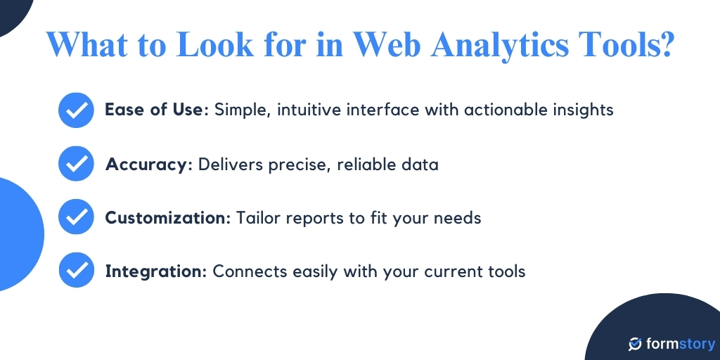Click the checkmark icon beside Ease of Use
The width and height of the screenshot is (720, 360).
[76, 110]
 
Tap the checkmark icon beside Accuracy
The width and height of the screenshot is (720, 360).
[76, 164]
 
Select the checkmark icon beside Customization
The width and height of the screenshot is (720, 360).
[76, 217]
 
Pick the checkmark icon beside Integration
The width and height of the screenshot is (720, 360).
[76, 271]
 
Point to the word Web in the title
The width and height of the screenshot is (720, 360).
[385, 45]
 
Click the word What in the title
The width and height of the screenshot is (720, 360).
[84, 45]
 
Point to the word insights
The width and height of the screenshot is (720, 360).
[583, 110]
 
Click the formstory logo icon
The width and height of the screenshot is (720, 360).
[635, 344]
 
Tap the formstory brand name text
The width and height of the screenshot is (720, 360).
[680, 344]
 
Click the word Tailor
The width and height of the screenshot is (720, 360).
[258, 218]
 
